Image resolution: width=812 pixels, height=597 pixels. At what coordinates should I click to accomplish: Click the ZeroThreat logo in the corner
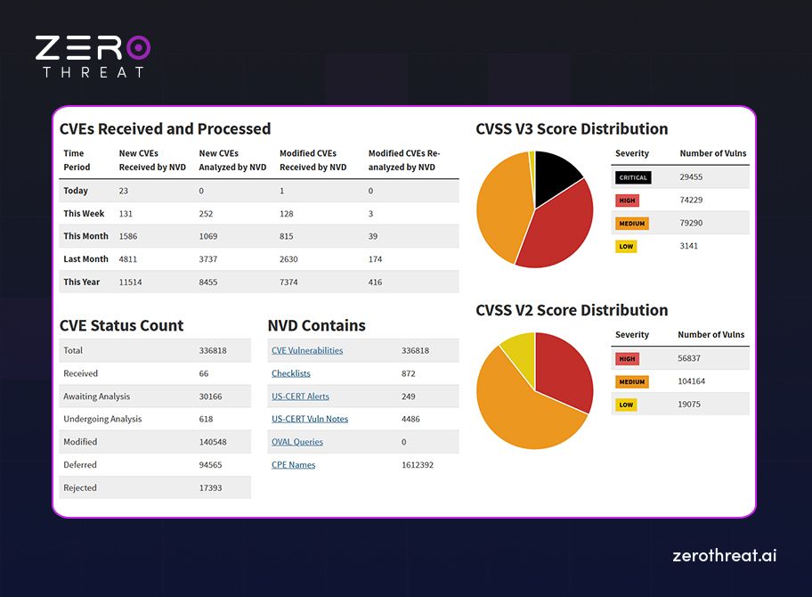coord(93,56)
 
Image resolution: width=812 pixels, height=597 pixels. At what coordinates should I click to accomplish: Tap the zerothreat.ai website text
coord(724,555)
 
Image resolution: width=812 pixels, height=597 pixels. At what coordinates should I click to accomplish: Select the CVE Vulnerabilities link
coord(307,351)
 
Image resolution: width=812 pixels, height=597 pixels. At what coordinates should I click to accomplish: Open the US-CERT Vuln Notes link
coord(310,420)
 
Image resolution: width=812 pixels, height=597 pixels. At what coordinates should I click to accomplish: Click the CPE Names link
coord(293,465)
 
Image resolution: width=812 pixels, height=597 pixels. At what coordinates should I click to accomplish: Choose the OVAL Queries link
coord(297,442)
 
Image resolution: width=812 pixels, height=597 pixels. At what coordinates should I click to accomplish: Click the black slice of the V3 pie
coord(556,171)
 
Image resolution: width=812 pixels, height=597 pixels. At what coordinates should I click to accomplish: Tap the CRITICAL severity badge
coord(633,177)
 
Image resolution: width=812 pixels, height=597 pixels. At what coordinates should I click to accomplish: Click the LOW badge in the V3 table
coord(626,246)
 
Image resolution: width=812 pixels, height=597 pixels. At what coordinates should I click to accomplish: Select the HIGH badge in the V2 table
coord(627,359)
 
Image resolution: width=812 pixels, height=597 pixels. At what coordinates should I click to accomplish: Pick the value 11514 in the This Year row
coord(131,282)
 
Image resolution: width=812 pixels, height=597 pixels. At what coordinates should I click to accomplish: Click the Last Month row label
coord(85,259)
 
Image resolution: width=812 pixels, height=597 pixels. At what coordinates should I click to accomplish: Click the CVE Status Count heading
coord(121,325)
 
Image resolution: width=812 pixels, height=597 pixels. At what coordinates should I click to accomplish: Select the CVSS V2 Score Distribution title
coord(572,310)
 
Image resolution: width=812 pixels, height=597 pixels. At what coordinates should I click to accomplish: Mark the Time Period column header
coord(77,160)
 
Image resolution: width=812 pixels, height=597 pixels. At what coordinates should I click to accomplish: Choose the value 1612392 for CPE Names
coord(418,465)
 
